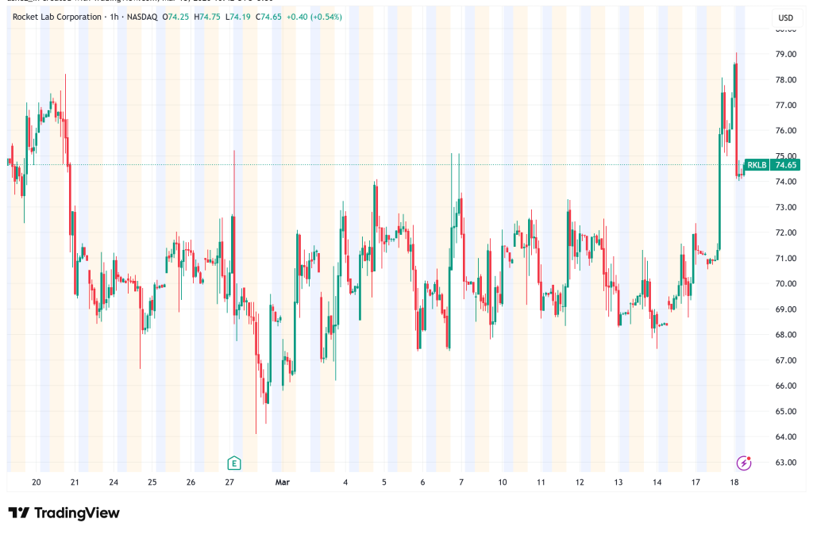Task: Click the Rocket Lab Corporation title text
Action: (x=57, y=17)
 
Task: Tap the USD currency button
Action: (x=785, y=17)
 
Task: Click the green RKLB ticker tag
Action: (x=757, y=165)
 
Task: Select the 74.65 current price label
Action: (x=786, y=165)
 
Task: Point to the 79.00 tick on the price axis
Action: (x=786, y=54)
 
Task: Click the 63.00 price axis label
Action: (x=786, y=462)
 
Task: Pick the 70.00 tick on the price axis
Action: (x=786, y=283)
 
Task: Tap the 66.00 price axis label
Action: (x=786, y=386)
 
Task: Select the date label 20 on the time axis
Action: (x=37, y=482)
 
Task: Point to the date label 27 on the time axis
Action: (x=229, y=482)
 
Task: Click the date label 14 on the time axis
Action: (x=657, y=482)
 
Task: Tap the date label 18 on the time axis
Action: (x=734, y=482)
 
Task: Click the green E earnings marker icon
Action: (x=233, y=463)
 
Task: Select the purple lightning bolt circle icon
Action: (x=744, y=463)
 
